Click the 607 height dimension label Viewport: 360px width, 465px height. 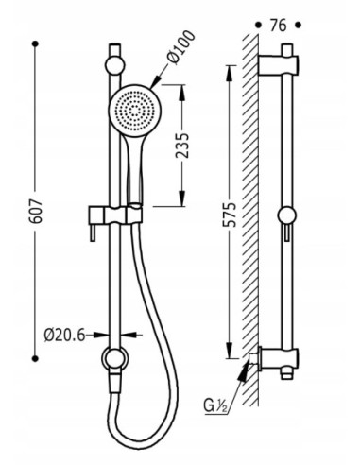[x=36, y=211]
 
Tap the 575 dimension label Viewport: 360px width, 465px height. [x=230, y=215]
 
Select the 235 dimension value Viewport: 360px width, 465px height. [x=182, y=146]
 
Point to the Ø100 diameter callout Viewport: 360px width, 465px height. [x=181, y=47]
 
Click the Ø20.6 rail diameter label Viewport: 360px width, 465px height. [x=65, y=335]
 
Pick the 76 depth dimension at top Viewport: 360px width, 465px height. [x=278, y=26]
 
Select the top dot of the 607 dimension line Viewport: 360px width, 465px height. [x=35, y=43]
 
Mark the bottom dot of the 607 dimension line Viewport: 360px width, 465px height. [x=35, y=358]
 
